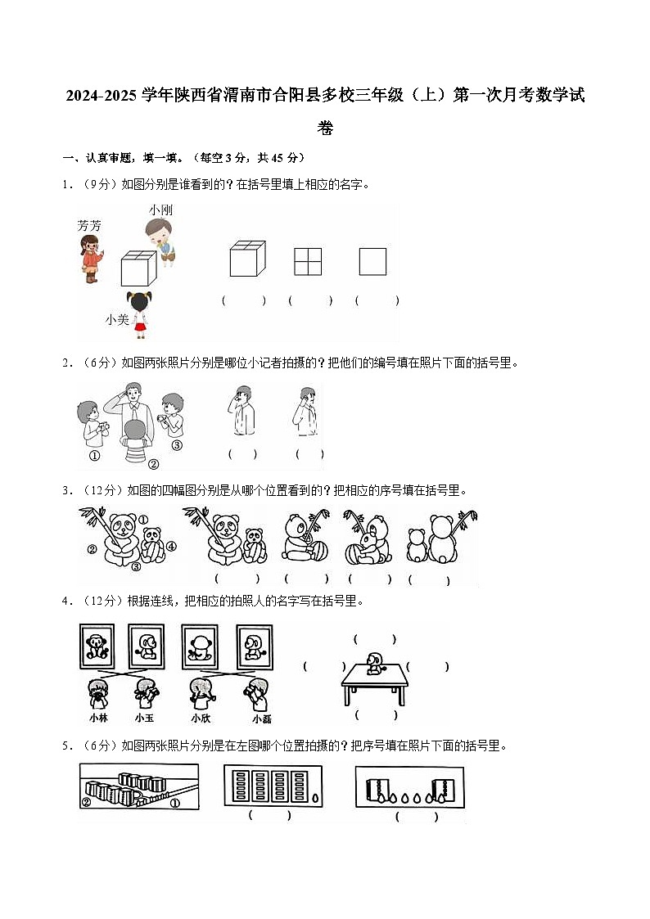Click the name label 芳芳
pyautogui.click(x=89, y=225)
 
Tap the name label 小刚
pyautogui.click(x=160, y=210)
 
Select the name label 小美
pyautogui.click(x=117, y=320)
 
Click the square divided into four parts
pyautogui.click(x=308, y=262)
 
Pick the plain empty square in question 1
pyautogui.click(x=372, y=262)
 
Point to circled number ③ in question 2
pyautogui.click(x=176, y=446)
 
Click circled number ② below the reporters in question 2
pyautogui.click(x=152, y=464)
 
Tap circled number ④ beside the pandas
pyautogui.click(x=172, y=547)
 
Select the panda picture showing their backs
pyautogui.click(x=442, y=540)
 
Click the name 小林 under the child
pyautogui.click(x=98, y=718)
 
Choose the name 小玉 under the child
pyautogui.click(x=145, y=718)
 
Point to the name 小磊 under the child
pyautogui.click(x=262, y=719)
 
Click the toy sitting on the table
pyautogui.click(x=375, y=664)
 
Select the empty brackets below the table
pyautogui.click(x=376, y=715)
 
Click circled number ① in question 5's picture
pyautogui.click(x=175, y=803)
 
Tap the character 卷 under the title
pyautogui.click(x=325, y=128)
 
